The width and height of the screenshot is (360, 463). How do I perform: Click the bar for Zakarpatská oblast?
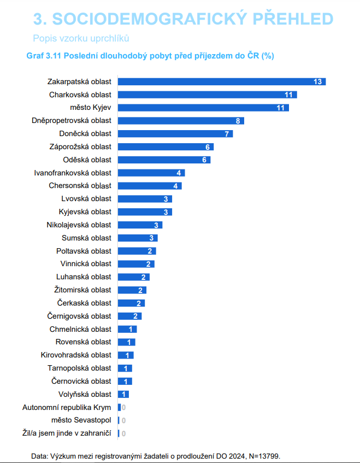[222, 82]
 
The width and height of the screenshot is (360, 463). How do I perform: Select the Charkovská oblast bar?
[208, 95]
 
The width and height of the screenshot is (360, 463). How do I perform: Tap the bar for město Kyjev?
[203, 108]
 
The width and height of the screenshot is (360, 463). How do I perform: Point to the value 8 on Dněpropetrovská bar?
[238, 121]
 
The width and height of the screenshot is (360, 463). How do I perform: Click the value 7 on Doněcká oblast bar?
[227, 134]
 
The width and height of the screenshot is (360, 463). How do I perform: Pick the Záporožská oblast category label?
[80, 146]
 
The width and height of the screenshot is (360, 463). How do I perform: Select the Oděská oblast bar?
[164, 160]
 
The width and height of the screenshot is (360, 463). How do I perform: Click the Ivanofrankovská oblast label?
[73, 173]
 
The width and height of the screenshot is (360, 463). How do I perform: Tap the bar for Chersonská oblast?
[150, 186]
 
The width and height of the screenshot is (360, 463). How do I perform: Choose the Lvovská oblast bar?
[145, 199]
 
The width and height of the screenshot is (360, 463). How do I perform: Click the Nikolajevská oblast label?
[79, 225]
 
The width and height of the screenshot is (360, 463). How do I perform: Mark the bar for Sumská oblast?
[138, 238]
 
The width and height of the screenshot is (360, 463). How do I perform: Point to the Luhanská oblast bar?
[134, 277]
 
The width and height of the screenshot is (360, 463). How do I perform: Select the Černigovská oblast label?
[79, 316]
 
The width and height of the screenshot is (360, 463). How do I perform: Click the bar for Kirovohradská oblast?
[126, 355]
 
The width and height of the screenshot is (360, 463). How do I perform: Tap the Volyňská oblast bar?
[123, 394]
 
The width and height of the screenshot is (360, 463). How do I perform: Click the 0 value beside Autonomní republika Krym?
[123, 407]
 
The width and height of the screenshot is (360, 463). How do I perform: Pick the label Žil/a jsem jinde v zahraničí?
[67, 433]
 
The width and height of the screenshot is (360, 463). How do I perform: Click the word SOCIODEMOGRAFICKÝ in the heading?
[149, 19]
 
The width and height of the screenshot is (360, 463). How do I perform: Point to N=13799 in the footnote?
[264, 456]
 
